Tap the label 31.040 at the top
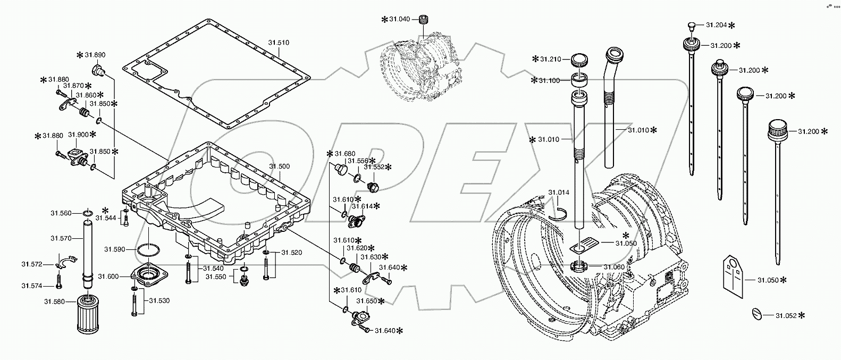(399, 19)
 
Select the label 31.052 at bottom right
(785, 315)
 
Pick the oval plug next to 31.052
(757, 314)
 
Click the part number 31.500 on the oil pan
(279, 166)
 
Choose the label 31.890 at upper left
(95, 55)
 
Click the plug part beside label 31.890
(98, 69)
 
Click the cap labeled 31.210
(580, 60)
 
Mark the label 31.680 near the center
(344, 154)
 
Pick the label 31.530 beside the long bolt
(159, 300)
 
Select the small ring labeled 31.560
(87, 214)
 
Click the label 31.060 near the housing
(613, 266)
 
